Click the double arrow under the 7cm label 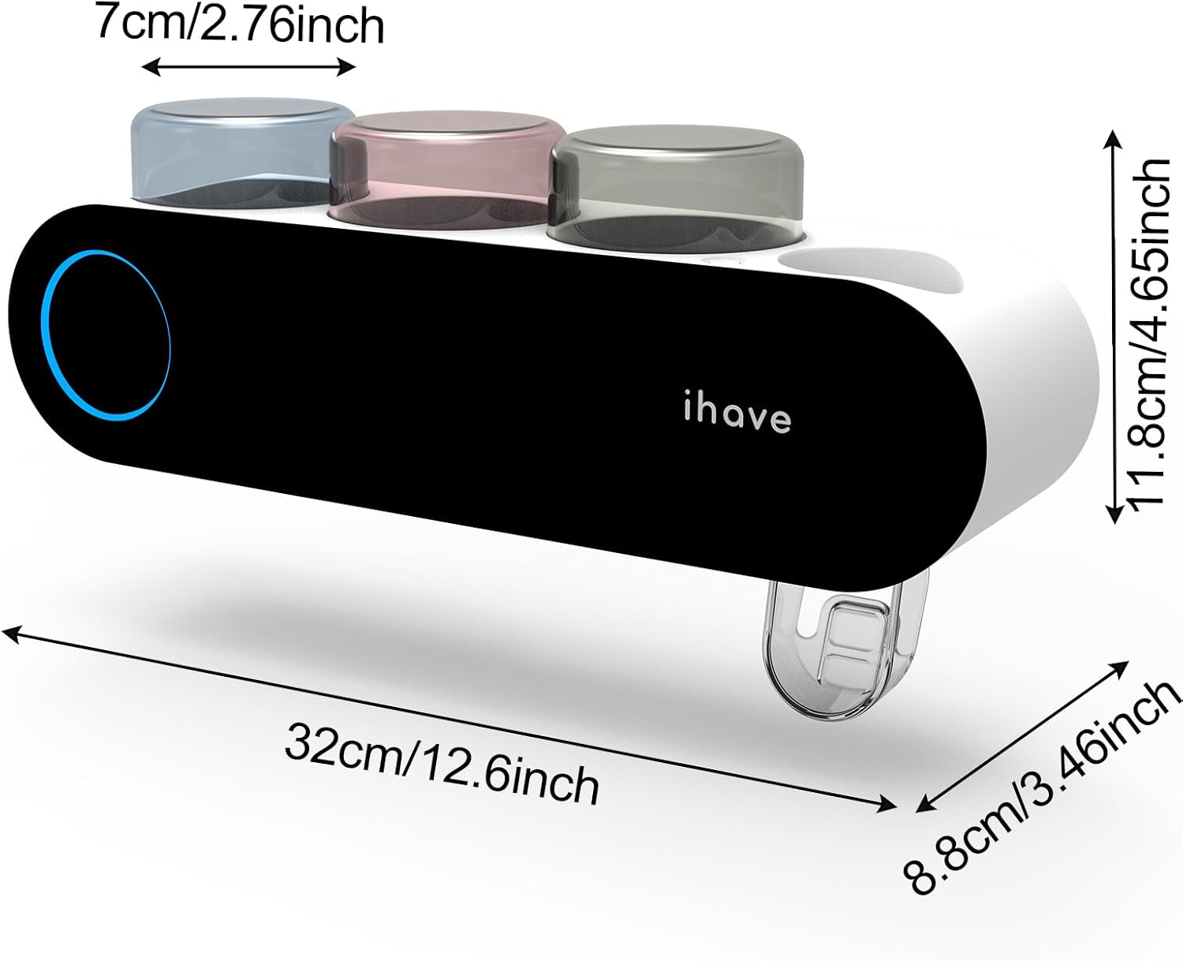248,67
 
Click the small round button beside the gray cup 719,260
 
